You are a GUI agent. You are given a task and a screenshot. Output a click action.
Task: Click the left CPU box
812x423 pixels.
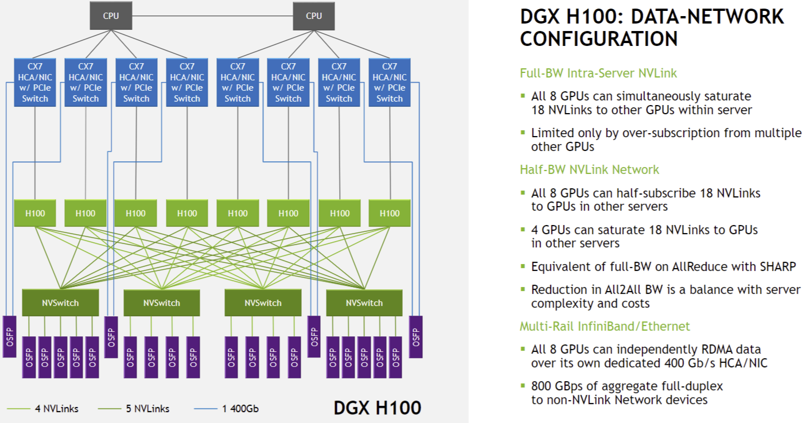tap(111, 16)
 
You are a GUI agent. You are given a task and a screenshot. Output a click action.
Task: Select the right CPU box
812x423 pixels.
tap(314, 16)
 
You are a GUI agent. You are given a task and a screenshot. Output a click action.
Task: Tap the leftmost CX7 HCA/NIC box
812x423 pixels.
tap(36, 82)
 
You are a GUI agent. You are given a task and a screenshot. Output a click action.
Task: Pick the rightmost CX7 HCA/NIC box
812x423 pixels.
tap(390, 82)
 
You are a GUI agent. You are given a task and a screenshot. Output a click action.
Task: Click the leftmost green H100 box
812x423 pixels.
tap(36, 213)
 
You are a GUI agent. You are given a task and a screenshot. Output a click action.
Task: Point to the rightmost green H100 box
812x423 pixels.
tap(390, 213)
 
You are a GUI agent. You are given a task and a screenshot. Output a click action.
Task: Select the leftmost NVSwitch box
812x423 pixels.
tap(60, 302)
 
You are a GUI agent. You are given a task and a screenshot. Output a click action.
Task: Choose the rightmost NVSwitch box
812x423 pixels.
tap(364, 302)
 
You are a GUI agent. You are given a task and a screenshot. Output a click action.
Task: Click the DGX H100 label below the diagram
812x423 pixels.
tap(377, 408)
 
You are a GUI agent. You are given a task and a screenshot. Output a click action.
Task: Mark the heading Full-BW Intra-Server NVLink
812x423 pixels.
tap(598, 73)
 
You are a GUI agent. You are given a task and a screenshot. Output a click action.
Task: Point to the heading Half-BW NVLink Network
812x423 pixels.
tap(589, 169)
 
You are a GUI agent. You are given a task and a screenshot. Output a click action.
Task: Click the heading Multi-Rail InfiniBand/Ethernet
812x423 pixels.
tap(605, 326)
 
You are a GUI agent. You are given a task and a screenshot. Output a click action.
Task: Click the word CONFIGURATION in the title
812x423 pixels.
tap(599, 39)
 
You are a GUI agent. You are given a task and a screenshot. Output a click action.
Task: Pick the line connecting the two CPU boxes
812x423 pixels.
tap(212, 15)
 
